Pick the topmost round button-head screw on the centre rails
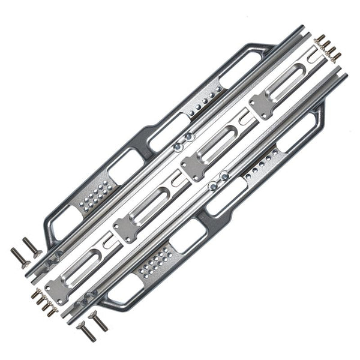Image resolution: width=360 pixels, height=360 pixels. pos(189,137)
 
